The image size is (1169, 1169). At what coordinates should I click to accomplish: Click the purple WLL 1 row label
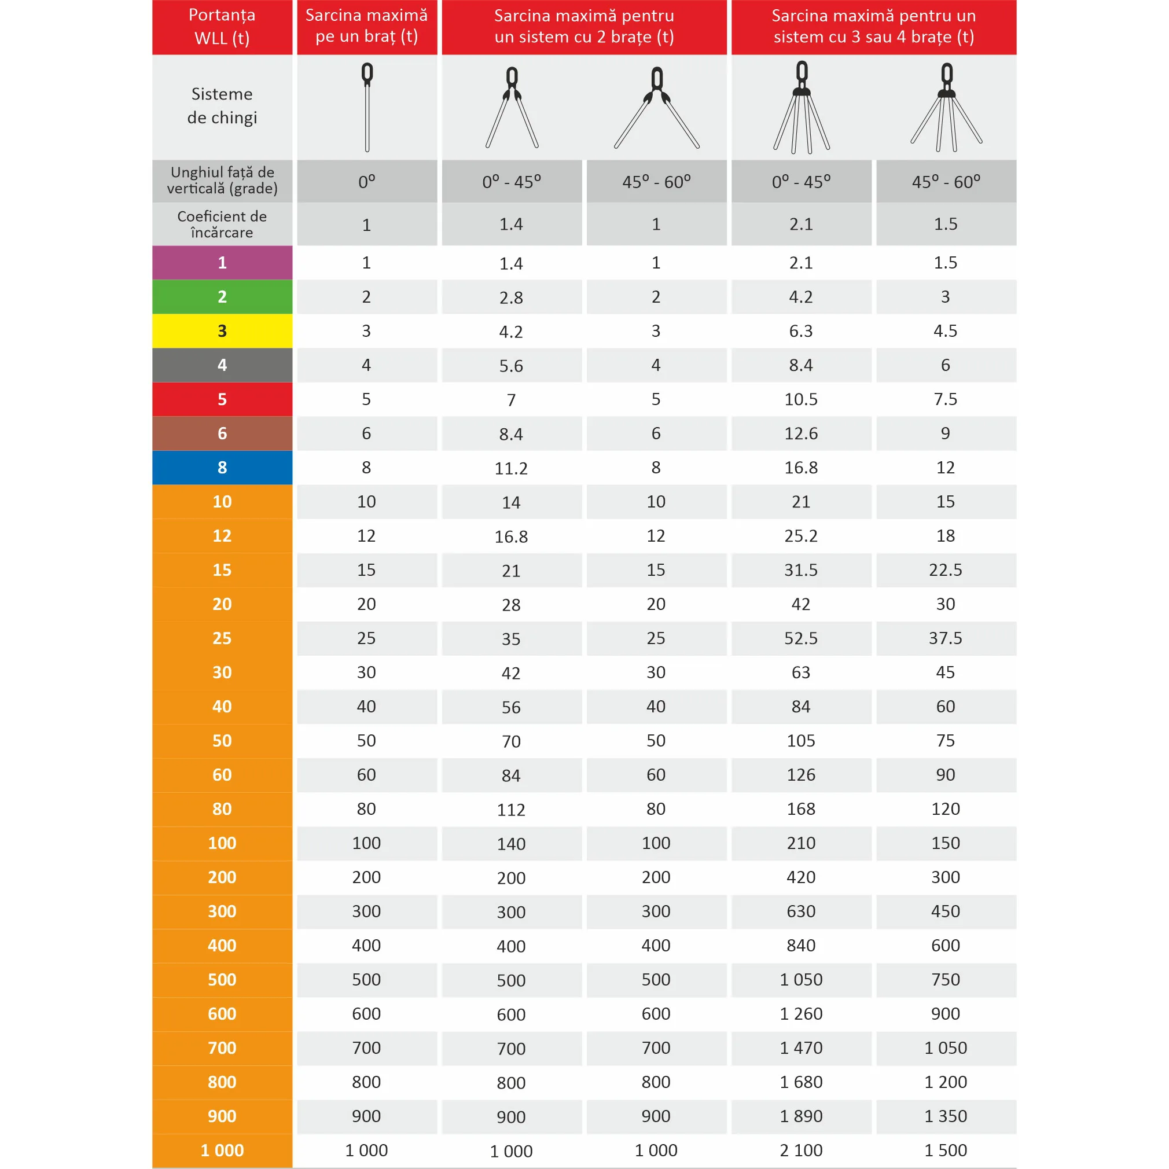(x=222, y=263)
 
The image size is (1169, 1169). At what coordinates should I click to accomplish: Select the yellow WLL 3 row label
(x=222, y=331)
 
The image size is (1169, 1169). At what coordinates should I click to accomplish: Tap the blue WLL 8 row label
(x=222, y=468)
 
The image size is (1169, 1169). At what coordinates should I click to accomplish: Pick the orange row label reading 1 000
(x=222, y=1150)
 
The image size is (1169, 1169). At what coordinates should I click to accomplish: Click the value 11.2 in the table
(x=511, y=468)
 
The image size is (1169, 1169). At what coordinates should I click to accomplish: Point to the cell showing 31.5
(x=801, y=570)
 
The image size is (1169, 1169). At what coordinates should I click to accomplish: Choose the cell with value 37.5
(x=946, y=638)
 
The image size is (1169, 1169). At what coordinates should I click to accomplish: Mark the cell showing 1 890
(x=801, y=1116)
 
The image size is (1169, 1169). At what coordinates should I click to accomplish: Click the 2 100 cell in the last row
(x=801, y=1150)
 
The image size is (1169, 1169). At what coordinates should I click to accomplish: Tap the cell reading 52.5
(x=801, y=638)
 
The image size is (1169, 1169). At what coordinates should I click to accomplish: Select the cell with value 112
(x=511, y=810)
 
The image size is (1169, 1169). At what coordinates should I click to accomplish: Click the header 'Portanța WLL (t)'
(x=222, y=27)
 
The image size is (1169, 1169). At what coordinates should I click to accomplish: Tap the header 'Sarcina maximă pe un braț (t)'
(x=367, y=26)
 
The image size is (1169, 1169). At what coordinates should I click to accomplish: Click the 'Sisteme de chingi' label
(x=222, y=106)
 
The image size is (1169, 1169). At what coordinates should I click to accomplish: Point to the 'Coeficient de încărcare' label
(x=222, y=225)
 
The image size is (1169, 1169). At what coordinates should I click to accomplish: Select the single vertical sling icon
(x=367, y=107)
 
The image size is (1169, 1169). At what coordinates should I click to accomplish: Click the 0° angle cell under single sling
(x=367, y=182)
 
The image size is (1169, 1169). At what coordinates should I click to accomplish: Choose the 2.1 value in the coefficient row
(x=801, y=225)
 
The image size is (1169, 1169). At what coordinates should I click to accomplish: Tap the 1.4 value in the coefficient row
(x=511, y=225)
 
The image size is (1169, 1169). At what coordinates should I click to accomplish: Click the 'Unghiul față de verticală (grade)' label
(x=222, y=181)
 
